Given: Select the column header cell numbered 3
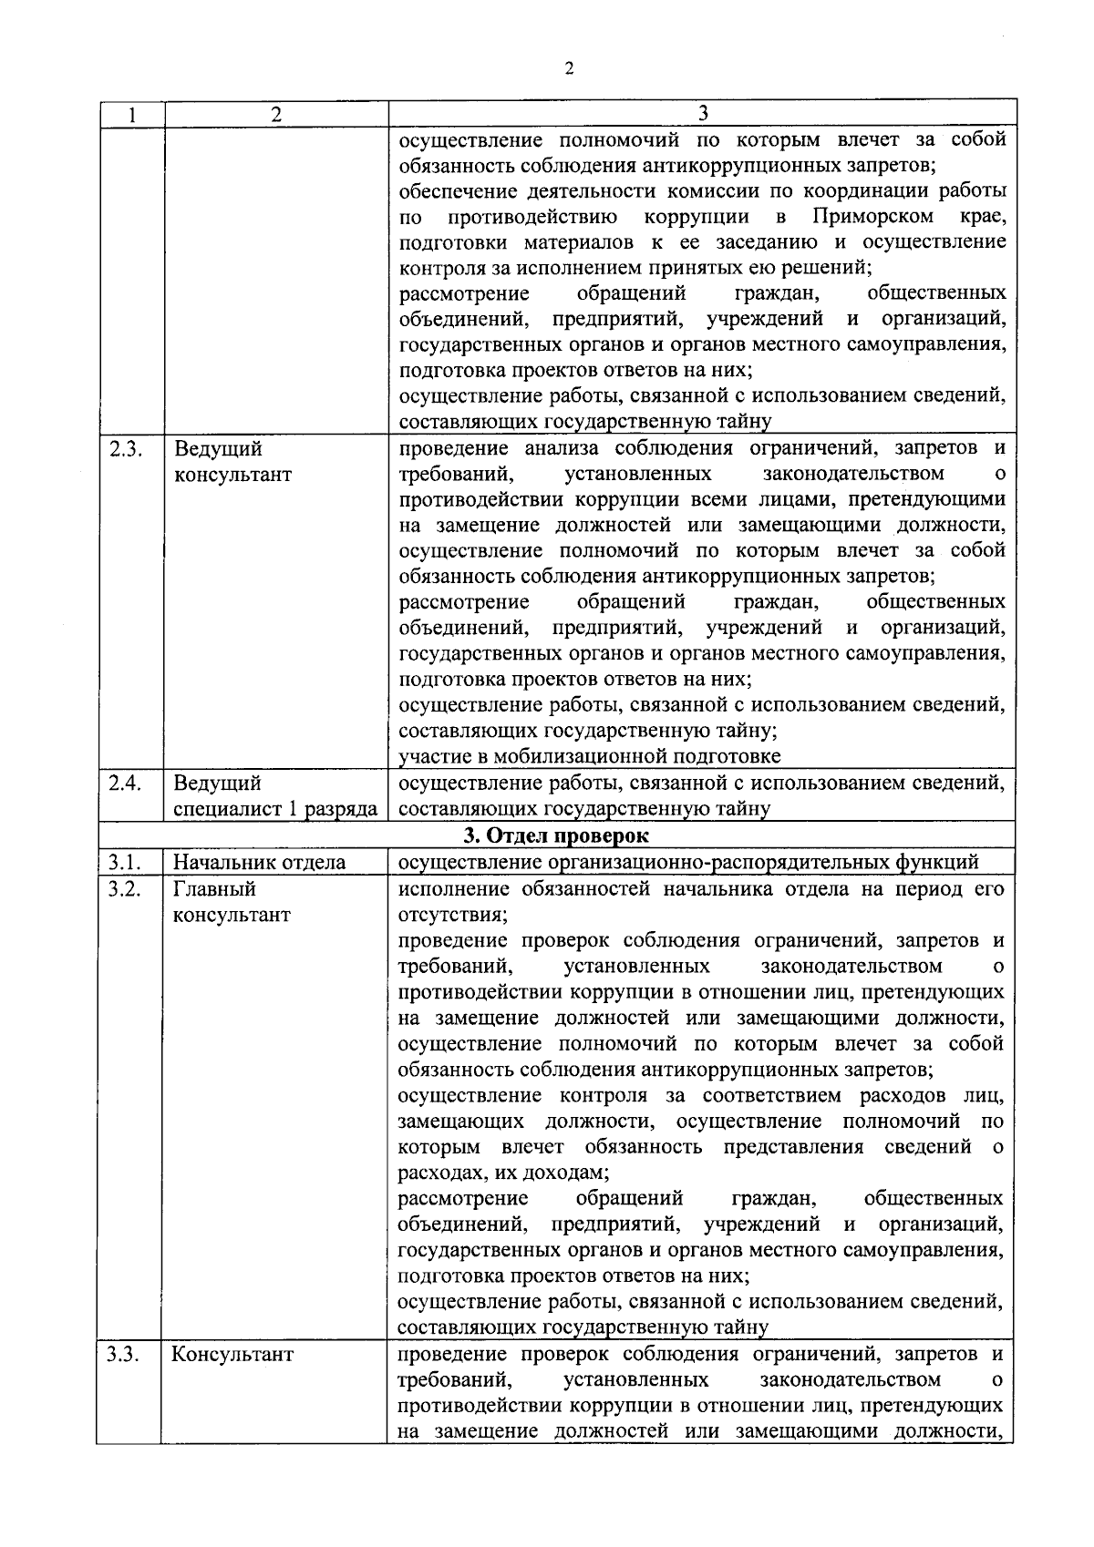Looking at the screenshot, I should (703, 113).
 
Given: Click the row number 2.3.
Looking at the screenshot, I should (124, 449).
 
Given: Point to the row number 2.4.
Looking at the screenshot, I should (124, 784).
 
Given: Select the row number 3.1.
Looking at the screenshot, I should (123, 862).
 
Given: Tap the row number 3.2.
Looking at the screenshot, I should (123, 888).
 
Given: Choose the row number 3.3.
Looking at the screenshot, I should (123, 1354).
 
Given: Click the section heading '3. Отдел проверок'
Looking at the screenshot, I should (556, 835).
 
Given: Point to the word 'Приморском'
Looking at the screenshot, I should (872, 217).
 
